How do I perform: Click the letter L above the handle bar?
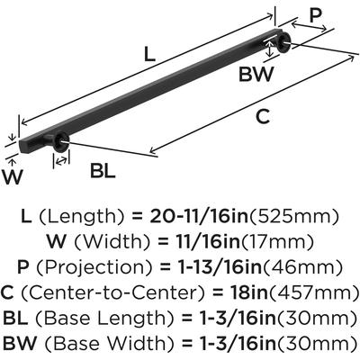click(149, 54)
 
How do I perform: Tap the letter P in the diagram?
click(315, 15)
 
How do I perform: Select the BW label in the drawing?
click(256, 74)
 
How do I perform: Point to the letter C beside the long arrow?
click(263, 117)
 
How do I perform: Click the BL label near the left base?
click(103, 171)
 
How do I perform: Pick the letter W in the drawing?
click(13, 176)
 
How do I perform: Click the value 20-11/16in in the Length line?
click(199, 217)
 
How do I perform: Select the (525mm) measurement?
click(294, 217)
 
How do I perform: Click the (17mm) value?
click(277, 242)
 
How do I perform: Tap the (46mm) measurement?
click(301, 267)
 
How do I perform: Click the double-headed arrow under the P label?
click(309, 26)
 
